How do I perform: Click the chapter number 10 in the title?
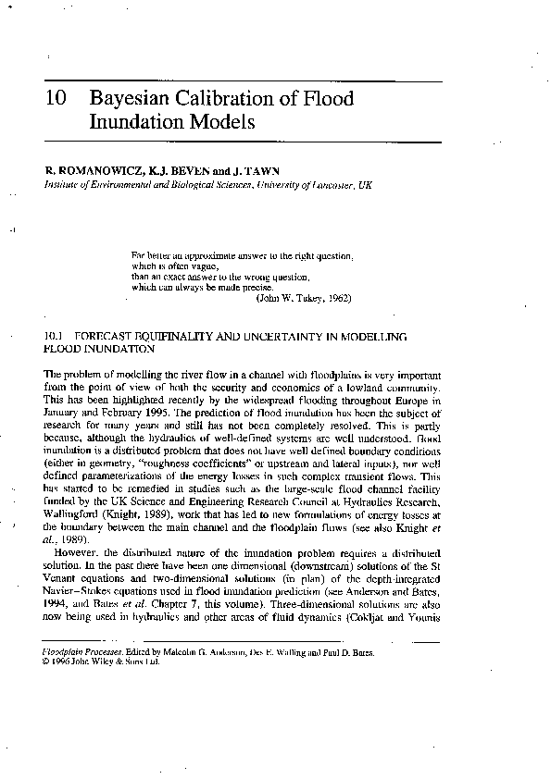(x=54, y=99)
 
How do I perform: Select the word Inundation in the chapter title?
(x=134, y=122)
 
